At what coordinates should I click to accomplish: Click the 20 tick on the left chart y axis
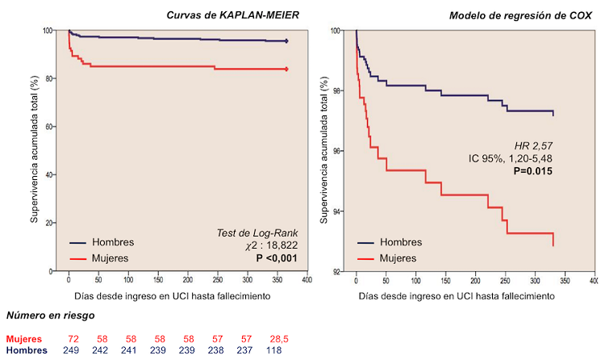[49, 223]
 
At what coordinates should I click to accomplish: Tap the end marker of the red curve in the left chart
[286, 69]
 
